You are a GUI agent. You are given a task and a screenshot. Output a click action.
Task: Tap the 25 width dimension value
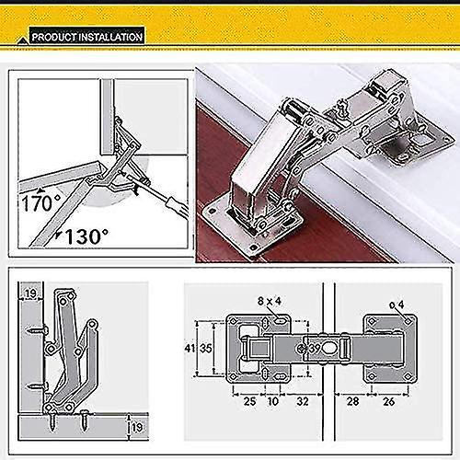tap(248, 401)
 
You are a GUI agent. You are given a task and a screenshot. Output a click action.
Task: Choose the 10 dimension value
tap(273, 401)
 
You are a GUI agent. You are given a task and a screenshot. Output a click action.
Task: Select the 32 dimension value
tap(303, 401)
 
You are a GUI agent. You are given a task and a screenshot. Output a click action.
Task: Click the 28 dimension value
tap(352, 401)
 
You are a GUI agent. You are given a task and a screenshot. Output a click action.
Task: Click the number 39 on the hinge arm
tap(316, 349)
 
